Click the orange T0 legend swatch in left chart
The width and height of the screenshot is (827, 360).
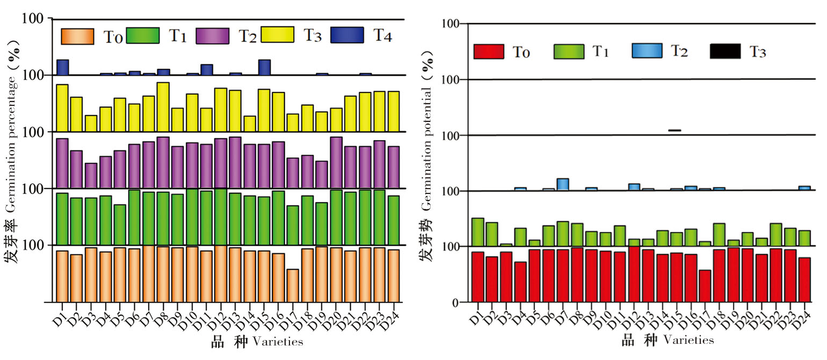[77, 36]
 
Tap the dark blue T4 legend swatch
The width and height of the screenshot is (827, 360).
[347, 35]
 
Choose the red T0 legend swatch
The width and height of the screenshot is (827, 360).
[489, 52]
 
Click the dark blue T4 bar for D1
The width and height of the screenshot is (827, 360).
[62, 67]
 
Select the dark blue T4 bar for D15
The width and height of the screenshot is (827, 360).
[264, 67]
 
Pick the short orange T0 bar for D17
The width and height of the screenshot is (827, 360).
[293, 285]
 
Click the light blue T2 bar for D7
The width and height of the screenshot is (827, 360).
[562, 184]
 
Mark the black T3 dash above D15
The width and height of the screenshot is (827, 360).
[674, 130]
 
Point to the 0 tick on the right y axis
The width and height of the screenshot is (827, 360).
[455, 303]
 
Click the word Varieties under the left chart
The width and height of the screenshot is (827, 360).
[278, 341]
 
